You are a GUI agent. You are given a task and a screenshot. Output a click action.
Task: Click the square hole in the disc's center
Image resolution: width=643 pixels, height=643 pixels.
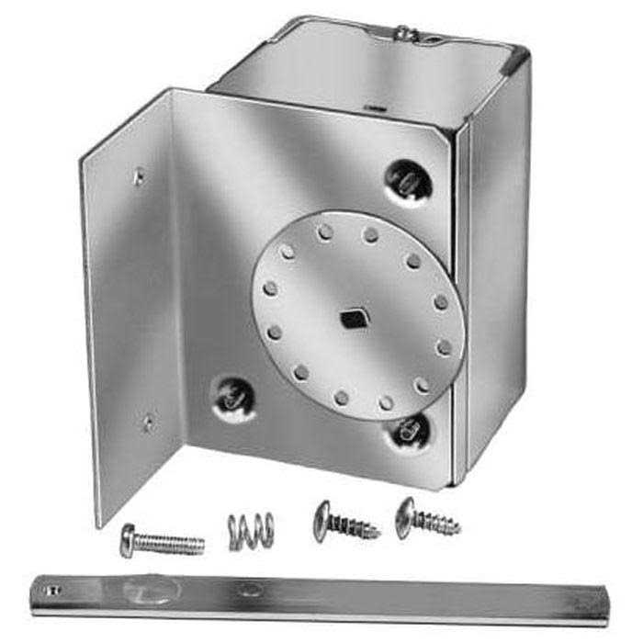click(352, 318)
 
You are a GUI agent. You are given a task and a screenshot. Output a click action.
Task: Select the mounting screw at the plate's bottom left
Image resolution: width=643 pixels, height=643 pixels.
click(231, 396)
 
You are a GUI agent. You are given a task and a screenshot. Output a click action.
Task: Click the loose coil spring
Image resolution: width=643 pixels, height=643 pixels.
click(250, 529)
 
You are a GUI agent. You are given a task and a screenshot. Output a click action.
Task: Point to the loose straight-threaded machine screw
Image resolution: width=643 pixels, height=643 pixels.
click(162, 538)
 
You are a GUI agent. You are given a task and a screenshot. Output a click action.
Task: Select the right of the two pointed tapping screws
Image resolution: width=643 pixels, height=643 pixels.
click(427, 520)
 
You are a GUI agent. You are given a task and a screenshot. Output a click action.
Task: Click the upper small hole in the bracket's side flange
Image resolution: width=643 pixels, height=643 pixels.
click(139, 176)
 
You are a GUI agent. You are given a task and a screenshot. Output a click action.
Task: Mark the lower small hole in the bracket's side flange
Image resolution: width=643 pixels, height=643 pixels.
click(147, 422)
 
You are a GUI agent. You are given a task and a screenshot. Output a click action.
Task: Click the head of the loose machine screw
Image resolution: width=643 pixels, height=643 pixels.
click(128, 539)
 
